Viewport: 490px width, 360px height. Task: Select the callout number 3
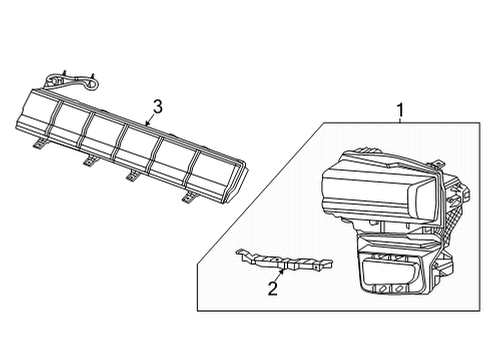pos(158,107)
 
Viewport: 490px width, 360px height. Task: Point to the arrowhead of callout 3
pos(146,125)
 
